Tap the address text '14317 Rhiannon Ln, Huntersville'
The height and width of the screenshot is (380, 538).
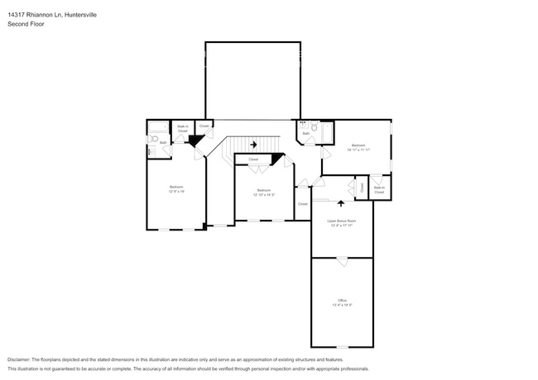tap(52, 14)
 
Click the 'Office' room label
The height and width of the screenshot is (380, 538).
tap(342, 300)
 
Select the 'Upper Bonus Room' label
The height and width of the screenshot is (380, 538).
tap(341, 221)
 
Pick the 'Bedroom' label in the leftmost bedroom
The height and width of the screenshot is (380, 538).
tap(176, 187)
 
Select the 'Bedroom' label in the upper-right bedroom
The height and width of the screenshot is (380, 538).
tap(358, 145)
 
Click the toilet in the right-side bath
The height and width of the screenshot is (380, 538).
tap(315, 128)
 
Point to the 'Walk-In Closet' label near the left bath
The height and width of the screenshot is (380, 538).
tap(183, 129)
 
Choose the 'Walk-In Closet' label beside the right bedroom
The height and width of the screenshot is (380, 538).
tap(380, 189)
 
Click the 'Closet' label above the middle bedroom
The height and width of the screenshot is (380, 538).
tap(253, 159)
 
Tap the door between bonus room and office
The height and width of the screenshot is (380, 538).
tap(341, 261)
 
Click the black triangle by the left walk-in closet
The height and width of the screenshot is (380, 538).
tap(195, 141)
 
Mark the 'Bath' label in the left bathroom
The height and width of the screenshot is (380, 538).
tap(163, 143)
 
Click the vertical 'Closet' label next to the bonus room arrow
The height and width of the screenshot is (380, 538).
tap(362, 188)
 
